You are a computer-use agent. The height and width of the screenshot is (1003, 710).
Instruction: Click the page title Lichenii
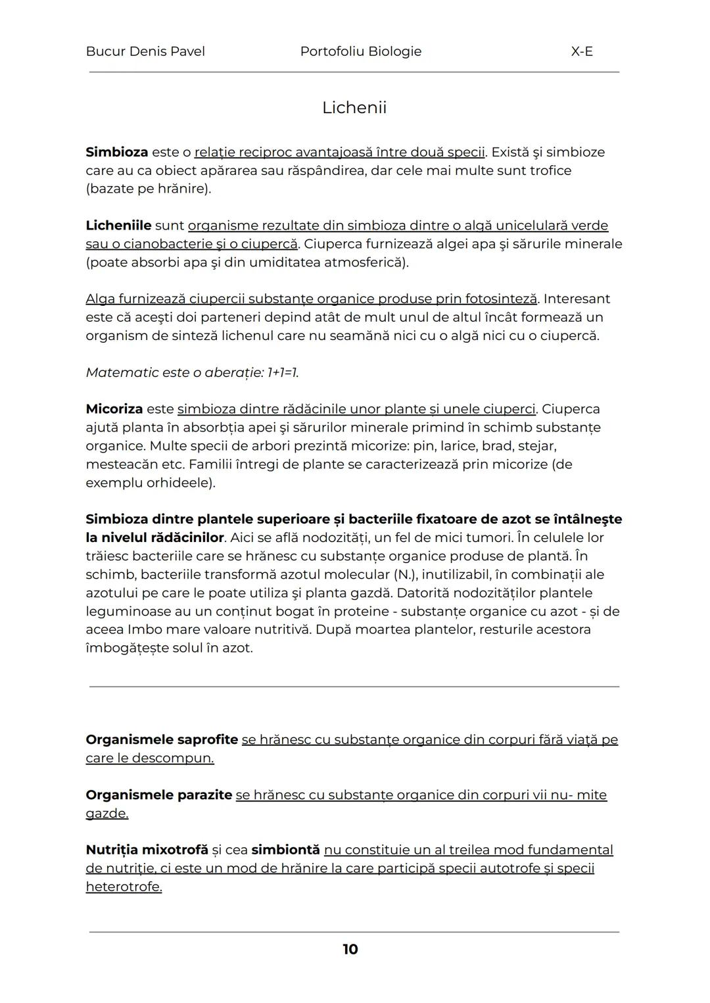(354, 108)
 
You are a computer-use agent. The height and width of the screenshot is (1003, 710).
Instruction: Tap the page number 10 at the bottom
(350, 949)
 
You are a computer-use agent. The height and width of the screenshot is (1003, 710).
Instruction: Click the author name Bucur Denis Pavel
(145, 51)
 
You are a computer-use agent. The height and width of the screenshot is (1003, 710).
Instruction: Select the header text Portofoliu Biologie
(360, 51)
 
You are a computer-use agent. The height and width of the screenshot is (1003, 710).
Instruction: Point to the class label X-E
(582, 51)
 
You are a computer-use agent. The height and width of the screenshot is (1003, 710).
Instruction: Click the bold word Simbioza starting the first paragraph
(117, 152)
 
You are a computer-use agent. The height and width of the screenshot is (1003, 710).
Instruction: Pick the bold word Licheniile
(118, 226)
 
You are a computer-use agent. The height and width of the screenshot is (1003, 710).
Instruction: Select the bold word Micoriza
(114, 409)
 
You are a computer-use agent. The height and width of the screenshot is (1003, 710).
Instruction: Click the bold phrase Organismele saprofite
(162, 740)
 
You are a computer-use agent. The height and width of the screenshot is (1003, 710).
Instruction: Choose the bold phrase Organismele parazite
(159, 795)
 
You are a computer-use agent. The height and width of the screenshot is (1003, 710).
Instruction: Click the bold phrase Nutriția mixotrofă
(147, 850)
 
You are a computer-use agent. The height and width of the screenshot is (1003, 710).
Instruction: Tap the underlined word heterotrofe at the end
(124, 887)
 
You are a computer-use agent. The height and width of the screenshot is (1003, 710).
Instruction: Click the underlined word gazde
(106, 814)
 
